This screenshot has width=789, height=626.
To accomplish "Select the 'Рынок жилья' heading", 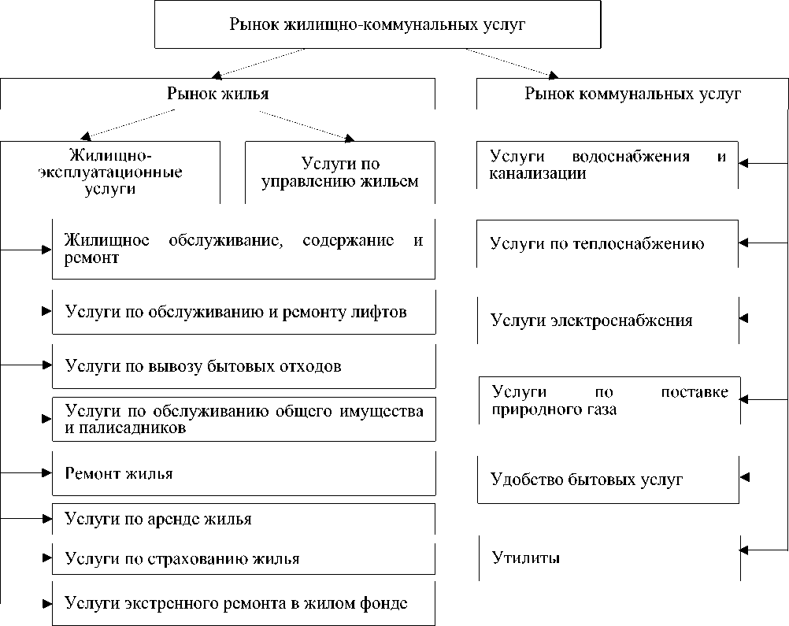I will tap(218, 94).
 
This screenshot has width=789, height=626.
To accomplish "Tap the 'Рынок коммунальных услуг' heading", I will tap(633, 94).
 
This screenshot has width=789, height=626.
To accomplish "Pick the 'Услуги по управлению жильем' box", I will tap(340, 172).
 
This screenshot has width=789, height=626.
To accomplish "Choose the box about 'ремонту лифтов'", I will tap(243, 312).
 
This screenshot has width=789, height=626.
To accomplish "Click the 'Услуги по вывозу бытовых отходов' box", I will tap(243, 366).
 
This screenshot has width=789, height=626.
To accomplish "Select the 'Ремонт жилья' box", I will tap(243, 473).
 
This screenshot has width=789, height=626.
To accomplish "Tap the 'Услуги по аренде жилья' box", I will tap(243, 519).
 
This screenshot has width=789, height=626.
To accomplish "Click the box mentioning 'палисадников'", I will tap(243, 420).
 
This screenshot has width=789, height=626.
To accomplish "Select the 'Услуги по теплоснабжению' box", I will tap(608, 243).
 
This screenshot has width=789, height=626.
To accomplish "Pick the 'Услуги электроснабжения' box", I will tap(608, 320).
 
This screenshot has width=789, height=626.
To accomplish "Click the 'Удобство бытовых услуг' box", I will tap(608, 480).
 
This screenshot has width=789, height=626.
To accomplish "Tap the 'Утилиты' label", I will tap(526, 559).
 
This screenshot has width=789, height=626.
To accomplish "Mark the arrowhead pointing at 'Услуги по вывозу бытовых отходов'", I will tap(45, 365).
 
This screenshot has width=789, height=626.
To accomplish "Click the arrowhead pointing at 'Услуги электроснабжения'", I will tap(743, 319).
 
